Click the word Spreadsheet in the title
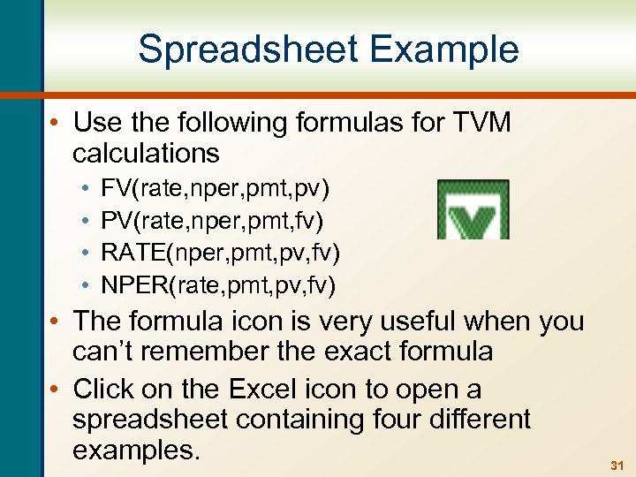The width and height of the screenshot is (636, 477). point(250,49)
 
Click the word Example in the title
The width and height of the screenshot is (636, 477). point(445,49)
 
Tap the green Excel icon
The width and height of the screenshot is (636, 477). point(473,210)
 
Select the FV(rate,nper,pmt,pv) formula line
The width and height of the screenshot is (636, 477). point(216,189)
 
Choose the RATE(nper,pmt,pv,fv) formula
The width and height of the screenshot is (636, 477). point(221,253)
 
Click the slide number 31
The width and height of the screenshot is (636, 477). point(617,465)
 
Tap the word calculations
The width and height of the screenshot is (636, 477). point(146,153)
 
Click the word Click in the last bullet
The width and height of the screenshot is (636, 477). point(101,389)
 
